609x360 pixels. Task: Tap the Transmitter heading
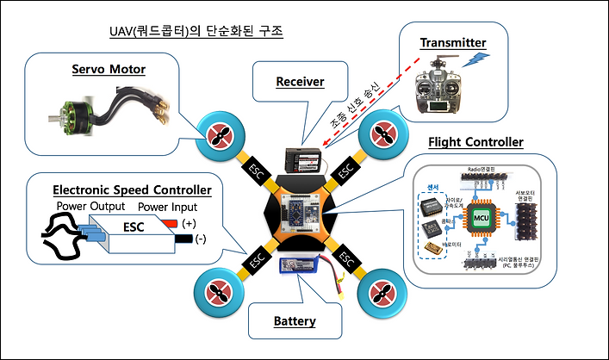pyautogui.click(x=453, y=42)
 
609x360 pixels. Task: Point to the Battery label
pyautogui.click(x=295, y=321)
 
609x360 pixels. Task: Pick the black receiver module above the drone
pyautogui.click(x=308, y=160)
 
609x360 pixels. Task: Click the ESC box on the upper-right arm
pyautogui.click(x=346, y=170)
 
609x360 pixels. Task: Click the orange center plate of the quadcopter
pyautogui.click(x=301, y=214)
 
